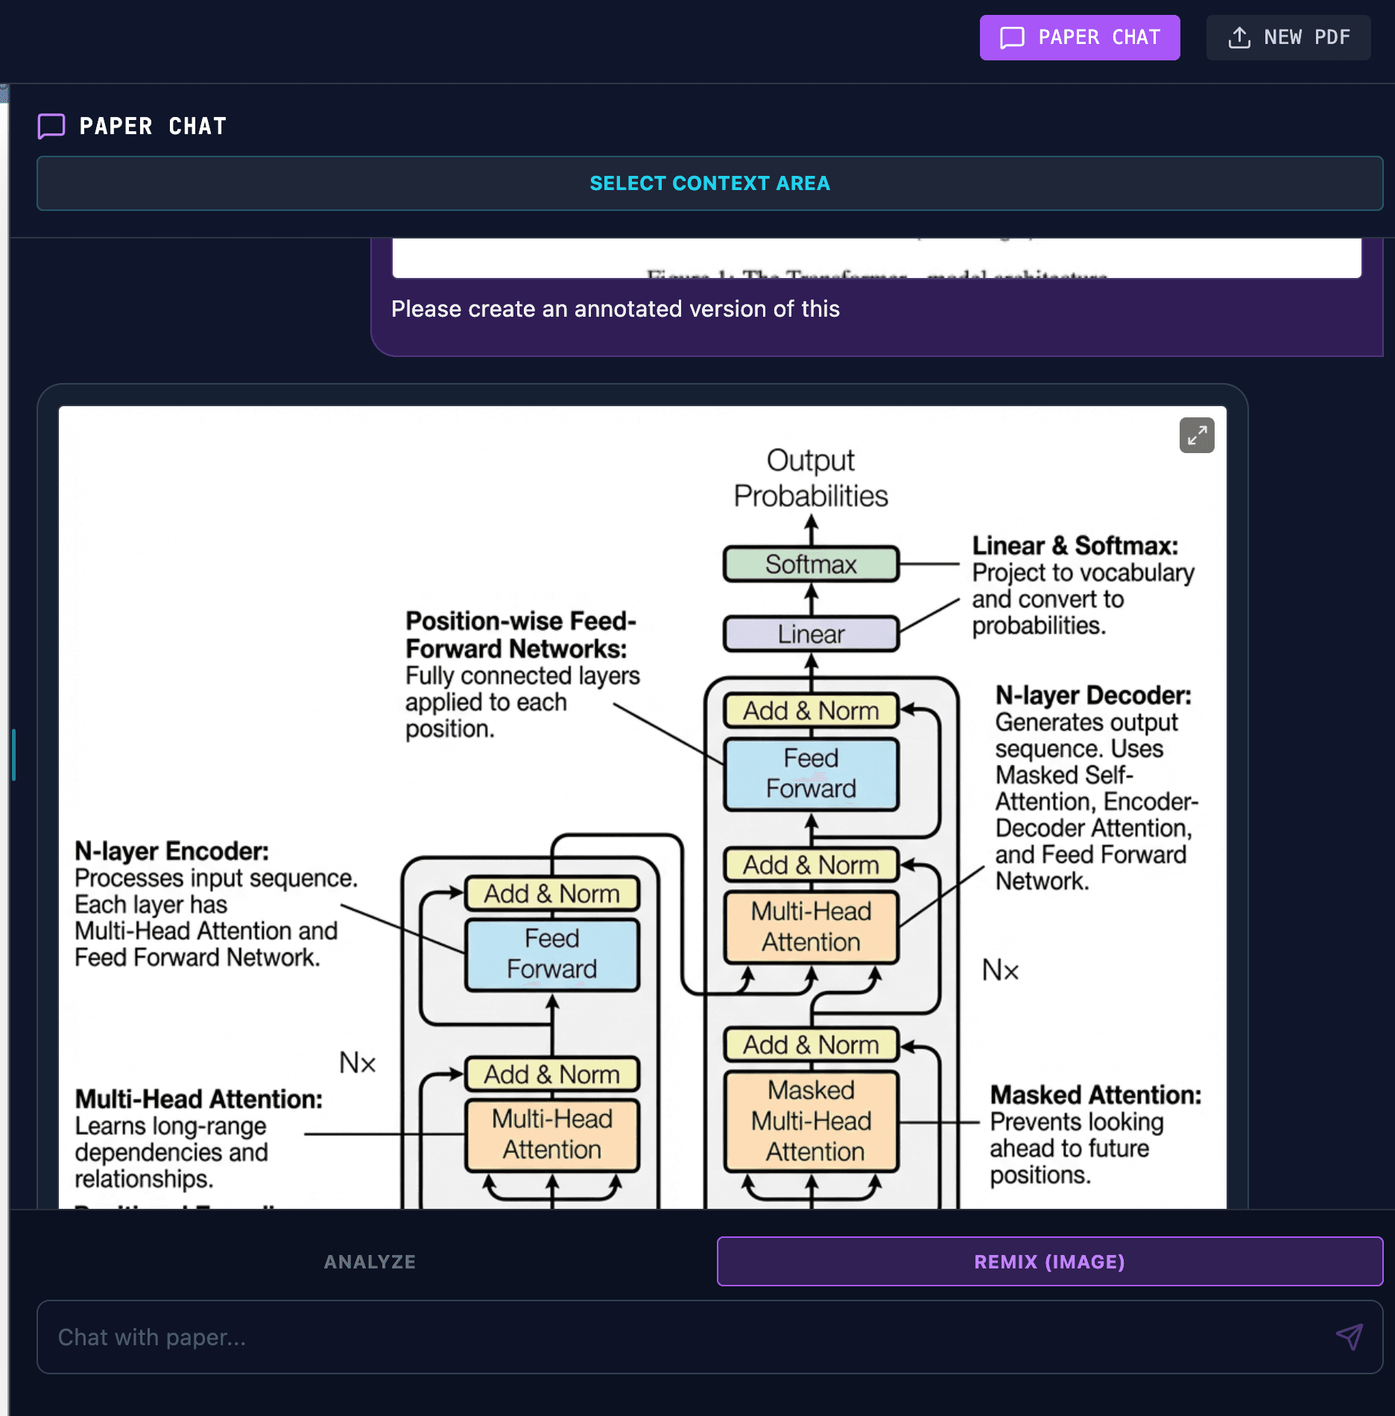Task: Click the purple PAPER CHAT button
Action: (1079, 37)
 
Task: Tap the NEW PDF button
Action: (1288, 37)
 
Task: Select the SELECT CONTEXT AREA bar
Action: (709, 183)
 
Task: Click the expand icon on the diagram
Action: (1197, 435)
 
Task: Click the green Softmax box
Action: (811, 564)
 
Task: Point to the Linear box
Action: (811, 634)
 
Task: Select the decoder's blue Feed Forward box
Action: (811, 774)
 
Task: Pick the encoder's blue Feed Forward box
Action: (551, 954)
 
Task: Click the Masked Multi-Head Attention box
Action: (811, 1121)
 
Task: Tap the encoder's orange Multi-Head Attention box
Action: (551, 1134)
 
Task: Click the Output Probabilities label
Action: (811, 478)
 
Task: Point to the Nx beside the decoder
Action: (1000, 970)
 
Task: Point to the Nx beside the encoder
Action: (358, 1063)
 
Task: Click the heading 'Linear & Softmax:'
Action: (1075, 546)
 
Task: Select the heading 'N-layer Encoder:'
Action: (171, 851)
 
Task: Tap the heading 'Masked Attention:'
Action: (1095, 1095)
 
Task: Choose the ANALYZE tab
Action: (370, 1262)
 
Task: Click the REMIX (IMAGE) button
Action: (1049, 1262)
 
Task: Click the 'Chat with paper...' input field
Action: (671, 1337)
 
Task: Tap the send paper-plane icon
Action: (1349, 1337)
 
